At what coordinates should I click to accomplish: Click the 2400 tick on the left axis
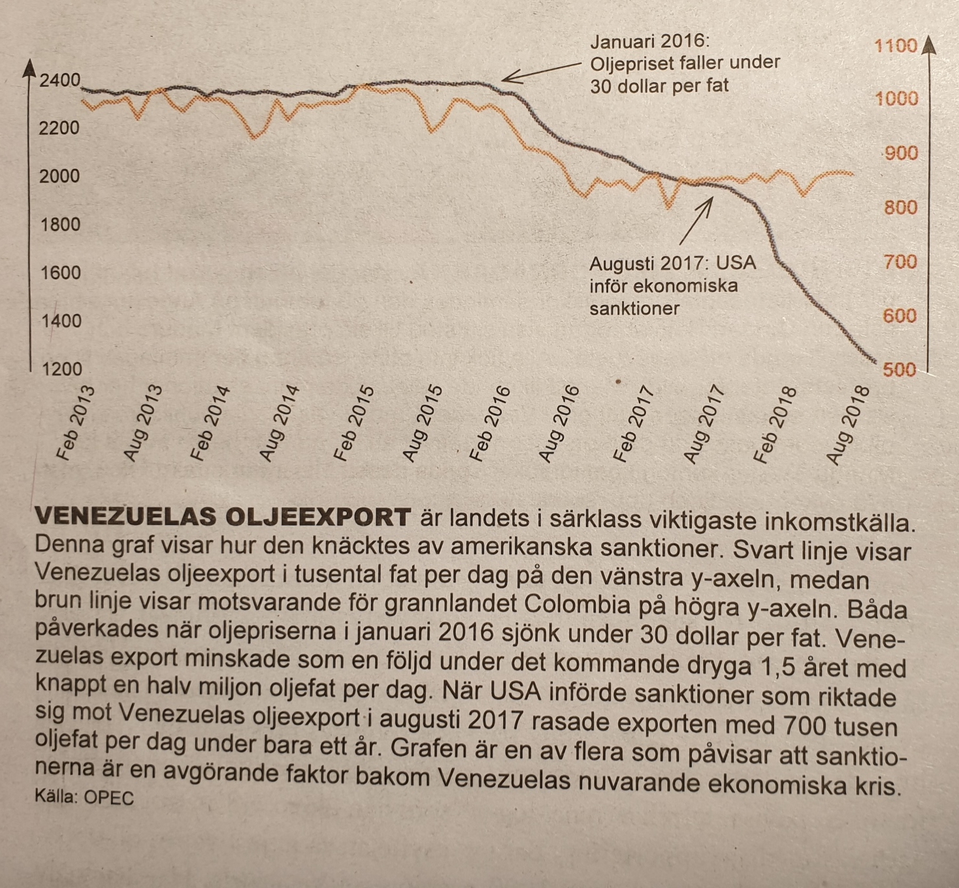59,80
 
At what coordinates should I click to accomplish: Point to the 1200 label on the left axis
62,369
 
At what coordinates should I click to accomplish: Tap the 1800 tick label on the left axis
59,224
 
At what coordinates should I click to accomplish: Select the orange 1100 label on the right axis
896,46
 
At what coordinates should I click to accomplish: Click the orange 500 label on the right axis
900,370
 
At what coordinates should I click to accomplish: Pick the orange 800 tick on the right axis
900,207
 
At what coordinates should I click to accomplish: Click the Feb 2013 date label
76,423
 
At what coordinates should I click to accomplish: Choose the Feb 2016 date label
490,424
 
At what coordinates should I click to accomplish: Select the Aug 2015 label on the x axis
423,423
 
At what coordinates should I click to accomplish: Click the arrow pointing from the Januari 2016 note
541,72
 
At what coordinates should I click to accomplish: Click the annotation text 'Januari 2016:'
649,41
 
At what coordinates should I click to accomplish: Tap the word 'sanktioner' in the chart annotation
634,308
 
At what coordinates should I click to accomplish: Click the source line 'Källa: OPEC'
84,797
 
